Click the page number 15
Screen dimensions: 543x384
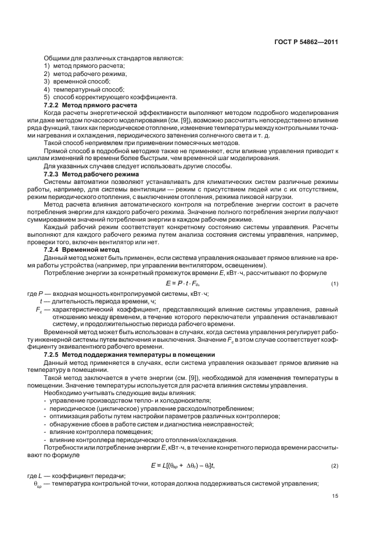(x=335, y=496)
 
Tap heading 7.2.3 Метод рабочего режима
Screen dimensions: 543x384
(x=92, y=174)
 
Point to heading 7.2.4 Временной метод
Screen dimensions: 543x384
(x=84, y=249)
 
